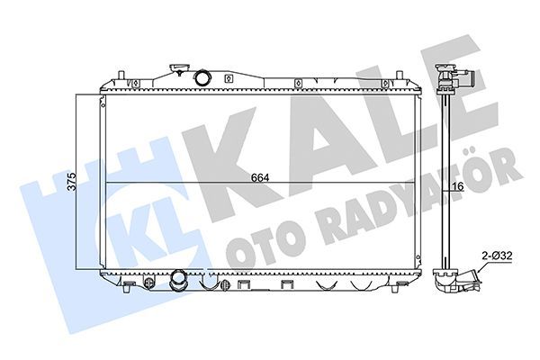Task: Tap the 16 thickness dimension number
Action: point(457,185)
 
